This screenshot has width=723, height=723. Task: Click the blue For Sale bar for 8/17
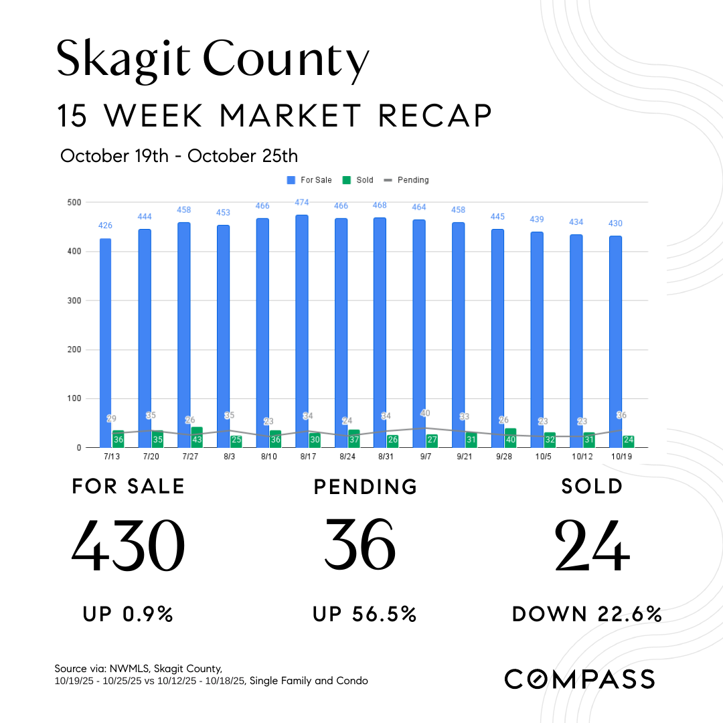301,331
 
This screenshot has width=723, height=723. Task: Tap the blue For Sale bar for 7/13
105,343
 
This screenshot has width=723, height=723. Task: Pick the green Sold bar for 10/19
628,441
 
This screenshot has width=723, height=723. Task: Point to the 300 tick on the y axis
74,301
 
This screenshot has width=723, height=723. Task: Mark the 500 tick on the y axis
74,202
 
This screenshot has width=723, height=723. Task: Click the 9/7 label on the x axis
425,456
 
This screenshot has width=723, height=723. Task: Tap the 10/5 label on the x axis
542,456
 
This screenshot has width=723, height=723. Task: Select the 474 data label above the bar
301,202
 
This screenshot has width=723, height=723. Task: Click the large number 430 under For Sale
129,545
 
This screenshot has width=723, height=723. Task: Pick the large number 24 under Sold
592,545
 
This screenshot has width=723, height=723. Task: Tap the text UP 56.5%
365,614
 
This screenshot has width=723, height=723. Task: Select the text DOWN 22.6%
587,614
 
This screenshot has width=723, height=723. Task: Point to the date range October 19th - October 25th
179,156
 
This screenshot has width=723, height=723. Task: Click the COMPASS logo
579,678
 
